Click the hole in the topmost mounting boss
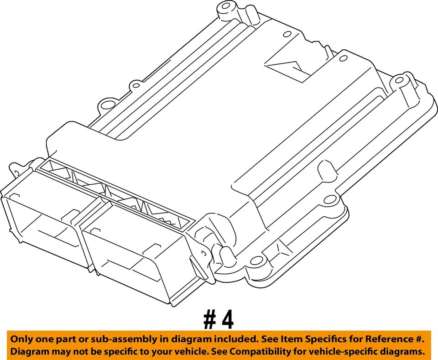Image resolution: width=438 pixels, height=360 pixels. [223, 8]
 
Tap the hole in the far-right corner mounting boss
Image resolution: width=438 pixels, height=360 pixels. [399, 80]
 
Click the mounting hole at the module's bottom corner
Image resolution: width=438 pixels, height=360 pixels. [257, 261]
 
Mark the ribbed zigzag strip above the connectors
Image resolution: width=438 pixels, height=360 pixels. [114, 191]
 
